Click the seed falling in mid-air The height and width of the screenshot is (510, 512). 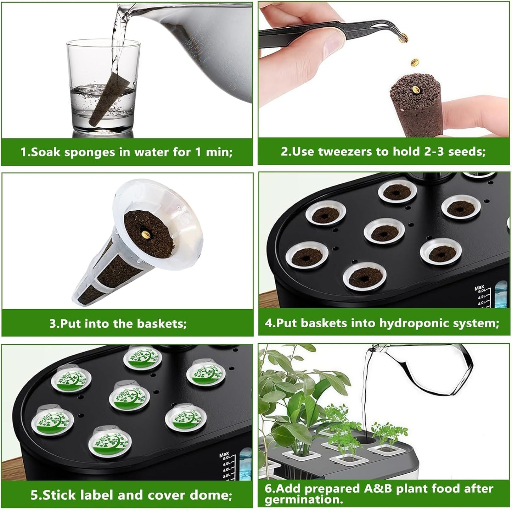click(414, 62)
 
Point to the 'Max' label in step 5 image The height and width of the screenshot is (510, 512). click(224, 454)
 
